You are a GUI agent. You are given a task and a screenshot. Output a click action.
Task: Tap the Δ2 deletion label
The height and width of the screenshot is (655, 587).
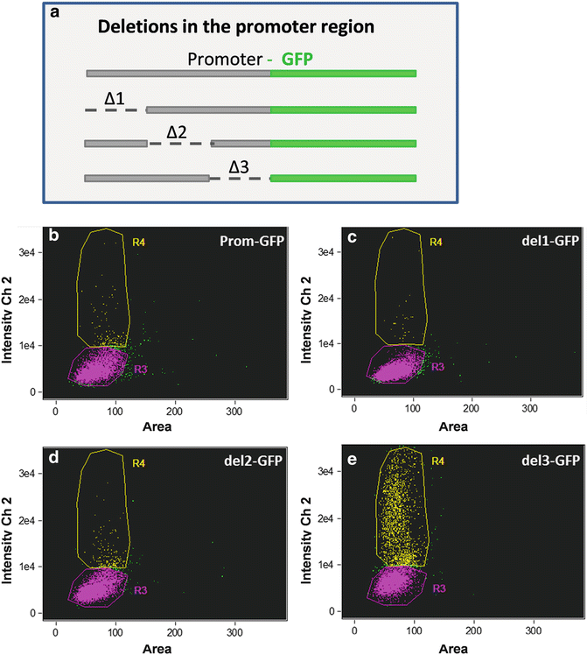(x=177, y=130)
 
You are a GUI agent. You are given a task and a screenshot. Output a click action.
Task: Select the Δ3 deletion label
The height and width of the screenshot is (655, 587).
(x=241, y=166)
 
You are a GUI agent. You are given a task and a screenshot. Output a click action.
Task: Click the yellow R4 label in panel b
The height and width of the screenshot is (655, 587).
(x=140, y=240)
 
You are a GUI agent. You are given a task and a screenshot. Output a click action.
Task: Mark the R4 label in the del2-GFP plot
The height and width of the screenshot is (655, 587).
(x=139, y=461)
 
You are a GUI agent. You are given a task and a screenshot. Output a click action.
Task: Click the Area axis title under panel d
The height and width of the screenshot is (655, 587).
(x=161, y=646)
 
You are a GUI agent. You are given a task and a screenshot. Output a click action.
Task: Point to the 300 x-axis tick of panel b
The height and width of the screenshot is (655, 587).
(x=235, y=409)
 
